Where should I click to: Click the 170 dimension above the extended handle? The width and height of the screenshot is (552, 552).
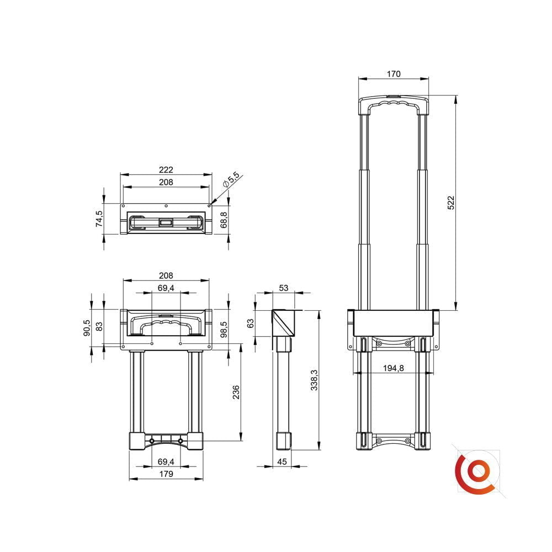tap(393, 74)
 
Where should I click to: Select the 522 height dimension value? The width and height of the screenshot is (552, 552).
tap(451, 203)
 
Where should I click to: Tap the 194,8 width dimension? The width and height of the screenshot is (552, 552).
tap(393, 368)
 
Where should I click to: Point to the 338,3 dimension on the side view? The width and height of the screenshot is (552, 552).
tap(315, 380)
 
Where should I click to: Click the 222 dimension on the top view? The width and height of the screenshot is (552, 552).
tap(166, 169)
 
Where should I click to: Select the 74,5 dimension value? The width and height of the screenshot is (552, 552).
tap(99, 219)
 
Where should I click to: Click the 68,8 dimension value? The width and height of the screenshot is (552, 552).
tap(224, 220)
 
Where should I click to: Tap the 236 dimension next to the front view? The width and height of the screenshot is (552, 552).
tap(236, 392)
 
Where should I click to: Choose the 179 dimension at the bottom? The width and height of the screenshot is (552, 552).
tap(166, 474)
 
